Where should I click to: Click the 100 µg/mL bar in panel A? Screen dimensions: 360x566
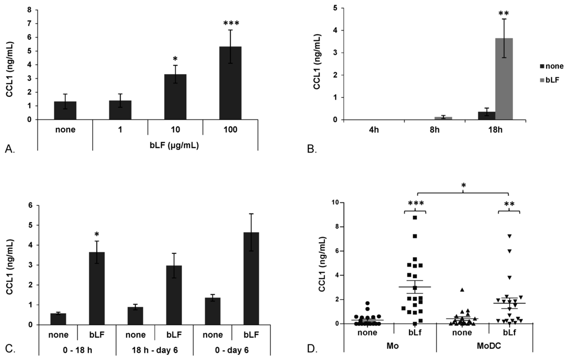point(230,83)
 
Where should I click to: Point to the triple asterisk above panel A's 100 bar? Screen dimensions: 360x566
point(230,24)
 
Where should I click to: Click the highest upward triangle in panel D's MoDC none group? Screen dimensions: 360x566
point(462,290)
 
